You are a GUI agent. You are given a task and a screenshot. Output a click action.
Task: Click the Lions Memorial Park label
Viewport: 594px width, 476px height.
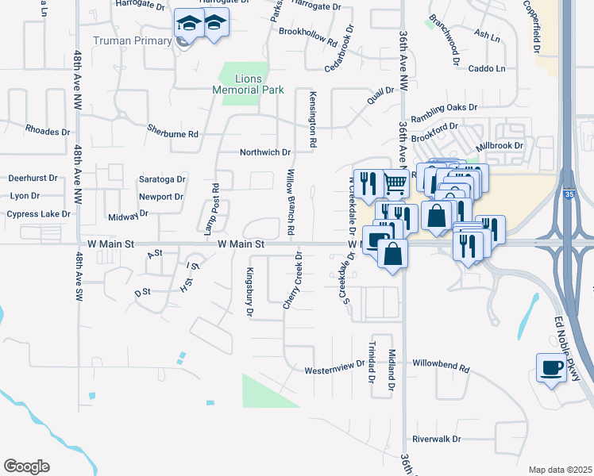click(x=248, y=84)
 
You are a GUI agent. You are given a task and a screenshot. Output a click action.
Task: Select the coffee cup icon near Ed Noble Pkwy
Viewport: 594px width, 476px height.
click(x=551, y=367)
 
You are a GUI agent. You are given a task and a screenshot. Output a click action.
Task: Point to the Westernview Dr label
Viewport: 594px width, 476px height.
click(x=334, y=370)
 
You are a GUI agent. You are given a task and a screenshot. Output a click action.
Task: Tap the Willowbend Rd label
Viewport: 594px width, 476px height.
click(x=441, y=369)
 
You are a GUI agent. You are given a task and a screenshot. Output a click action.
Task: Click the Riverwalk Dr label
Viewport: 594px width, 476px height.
click(x=437, y=439)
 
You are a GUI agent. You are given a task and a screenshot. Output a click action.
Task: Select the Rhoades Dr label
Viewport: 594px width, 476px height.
click(x=48, y=129)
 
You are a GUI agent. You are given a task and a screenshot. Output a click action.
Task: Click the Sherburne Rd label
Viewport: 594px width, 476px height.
click(x=172, y=133)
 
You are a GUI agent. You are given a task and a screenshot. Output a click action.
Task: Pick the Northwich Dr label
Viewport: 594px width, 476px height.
click(x=266, y=152)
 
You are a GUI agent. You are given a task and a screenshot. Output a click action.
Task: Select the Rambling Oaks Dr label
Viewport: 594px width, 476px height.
click(x=449, y=107)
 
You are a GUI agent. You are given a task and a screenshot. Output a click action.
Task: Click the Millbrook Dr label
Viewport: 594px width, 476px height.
click(x=499, y=146)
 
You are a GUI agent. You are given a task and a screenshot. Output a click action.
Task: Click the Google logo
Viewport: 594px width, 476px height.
click(x=26, y=466)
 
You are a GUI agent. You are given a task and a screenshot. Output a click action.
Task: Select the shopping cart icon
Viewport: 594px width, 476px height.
click(x=395, y=184)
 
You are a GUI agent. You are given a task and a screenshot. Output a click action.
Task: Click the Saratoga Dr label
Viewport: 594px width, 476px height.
click(x=162, y=179)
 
